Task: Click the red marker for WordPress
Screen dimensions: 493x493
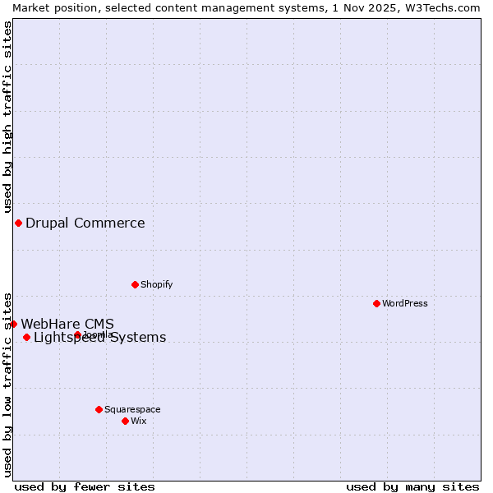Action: click(376, 303)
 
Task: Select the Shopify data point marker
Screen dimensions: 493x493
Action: click(135, 284)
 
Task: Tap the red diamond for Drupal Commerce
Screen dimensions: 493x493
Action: click(18, 223)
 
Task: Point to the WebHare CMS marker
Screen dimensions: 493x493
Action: click(13, 324)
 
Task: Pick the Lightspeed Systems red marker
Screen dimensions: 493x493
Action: click(26, 337)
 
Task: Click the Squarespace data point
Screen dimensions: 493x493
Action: click(99, 409)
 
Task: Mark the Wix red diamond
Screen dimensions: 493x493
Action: click(125, 421)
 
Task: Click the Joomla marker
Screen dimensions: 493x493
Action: click(77, 334)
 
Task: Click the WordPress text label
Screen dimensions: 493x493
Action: click(405, 303)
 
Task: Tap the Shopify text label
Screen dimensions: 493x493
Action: click(156, 284)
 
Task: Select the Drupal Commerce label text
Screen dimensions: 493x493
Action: click(85, 223)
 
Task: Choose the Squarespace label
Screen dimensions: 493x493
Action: click(132, 409)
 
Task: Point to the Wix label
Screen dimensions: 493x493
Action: click(139, 421)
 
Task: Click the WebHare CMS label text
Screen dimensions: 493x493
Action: click(67, 324)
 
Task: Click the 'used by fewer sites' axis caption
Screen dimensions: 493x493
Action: click(85, 486)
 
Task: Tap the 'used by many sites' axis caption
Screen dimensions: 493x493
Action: click(412, 486)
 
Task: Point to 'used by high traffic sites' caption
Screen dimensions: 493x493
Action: click(7, 117)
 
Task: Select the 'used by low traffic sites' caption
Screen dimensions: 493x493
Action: click(7, 385)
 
